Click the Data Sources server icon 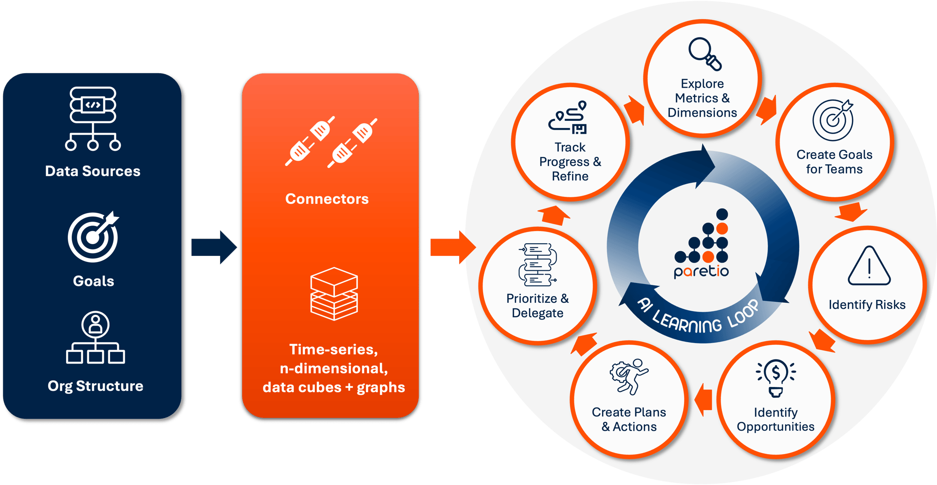tap(93, 119)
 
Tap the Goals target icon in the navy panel tap(93, 237)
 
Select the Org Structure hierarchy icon tap(96, 338)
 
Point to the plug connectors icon tap(331, 142)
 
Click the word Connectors tap(327, 199)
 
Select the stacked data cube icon tap(334, 294)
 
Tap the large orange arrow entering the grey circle tap(452, 247)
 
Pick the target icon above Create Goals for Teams tap(833, 120)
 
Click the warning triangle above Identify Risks tap(869, 266)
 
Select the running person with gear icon tap(629, 376)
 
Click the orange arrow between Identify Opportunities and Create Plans tap(703, 400)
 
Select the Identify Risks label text tap(867, 305)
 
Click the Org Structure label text tap(96, 386)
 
